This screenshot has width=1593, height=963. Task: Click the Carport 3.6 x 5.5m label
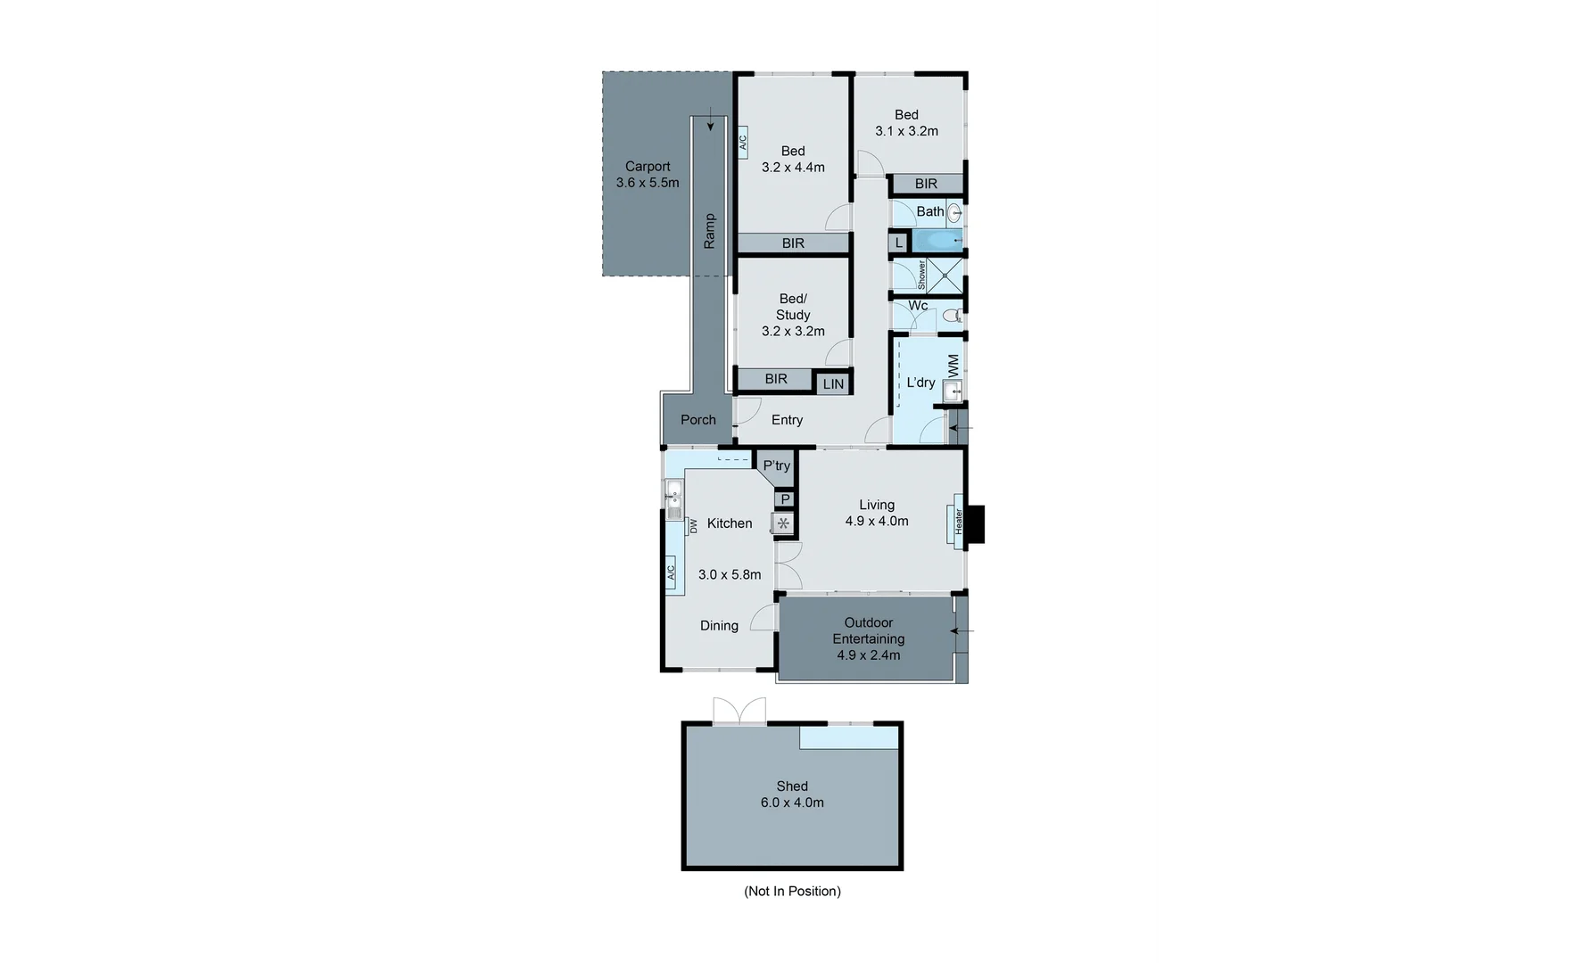coord(647,175)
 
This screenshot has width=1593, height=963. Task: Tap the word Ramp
coord(710,231)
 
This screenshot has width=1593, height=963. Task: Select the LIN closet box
coord(833,384)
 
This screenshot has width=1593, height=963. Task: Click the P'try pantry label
coord(776,465)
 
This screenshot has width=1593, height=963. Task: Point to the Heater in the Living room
coord(959,520)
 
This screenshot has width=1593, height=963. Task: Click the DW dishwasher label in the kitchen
coord(693,527)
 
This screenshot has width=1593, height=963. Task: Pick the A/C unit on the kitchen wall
coord(671,571)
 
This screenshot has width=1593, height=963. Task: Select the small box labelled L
coord(898,243)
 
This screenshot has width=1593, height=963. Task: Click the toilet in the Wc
coord(951,315)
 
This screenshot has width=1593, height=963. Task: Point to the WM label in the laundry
coord(953,365)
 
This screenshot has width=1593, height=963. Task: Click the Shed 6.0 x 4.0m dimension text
coord(792,802)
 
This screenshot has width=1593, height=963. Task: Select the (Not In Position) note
coord(792,891)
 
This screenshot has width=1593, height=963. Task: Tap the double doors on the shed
coord(739,712)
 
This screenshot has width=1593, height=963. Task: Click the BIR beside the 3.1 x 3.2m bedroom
coord(926,184)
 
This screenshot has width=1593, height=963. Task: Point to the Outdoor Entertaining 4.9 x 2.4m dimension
coord(868,654)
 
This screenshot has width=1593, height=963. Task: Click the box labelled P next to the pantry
coord(785,499)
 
